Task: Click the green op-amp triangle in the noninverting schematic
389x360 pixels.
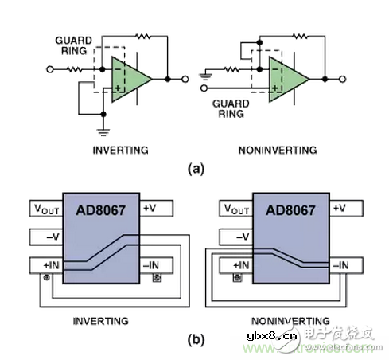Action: point(287,80)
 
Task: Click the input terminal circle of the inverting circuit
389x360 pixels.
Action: point(50,69)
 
